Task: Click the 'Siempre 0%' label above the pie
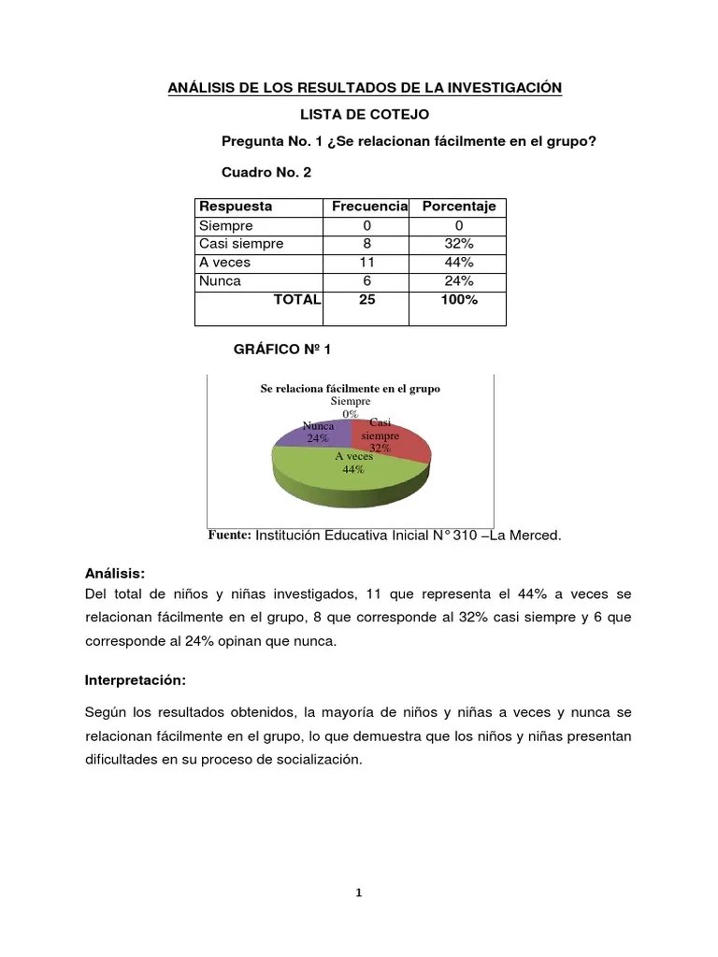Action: click(350, 407)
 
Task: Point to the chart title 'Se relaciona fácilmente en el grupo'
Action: click(350, 388)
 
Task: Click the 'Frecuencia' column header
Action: click(369, 207)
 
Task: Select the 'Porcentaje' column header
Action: click(459, 207)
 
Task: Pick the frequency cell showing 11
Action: click(366, 263)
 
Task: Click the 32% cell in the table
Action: click(459, 244)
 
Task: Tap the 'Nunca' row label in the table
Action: click(221, 281)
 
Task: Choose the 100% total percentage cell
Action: click(459, 300)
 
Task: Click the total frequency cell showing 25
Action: click(366, 300)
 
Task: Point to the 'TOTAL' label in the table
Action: click(296, 300)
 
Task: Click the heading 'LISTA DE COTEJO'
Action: click(364, 114)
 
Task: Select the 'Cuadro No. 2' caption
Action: click(266, 173)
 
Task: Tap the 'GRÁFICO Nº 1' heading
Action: click(280, 349)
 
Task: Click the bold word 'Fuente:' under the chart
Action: click(229, 536)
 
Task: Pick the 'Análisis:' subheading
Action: click(115, 573)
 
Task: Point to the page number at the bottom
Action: click(358, 893)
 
